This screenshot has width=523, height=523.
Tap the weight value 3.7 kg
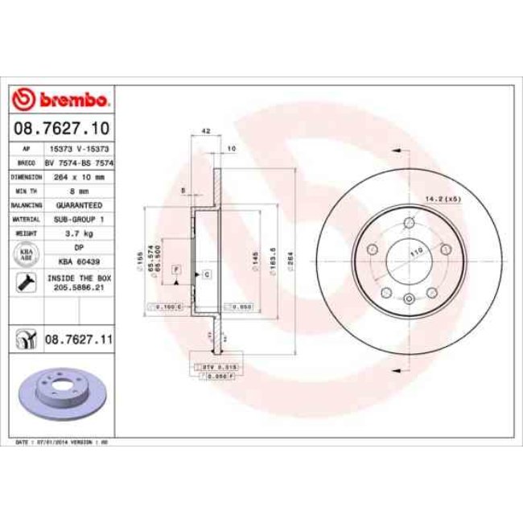pos(79,232)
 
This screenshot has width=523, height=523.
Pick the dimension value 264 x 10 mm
pos(79,175)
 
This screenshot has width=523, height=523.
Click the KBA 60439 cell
pos(79,261)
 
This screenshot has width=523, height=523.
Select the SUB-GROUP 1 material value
pos(79,218)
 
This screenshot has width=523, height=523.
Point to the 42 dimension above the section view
pos(206,130)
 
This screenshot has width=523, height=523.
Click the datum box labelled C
pos(206,275)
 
